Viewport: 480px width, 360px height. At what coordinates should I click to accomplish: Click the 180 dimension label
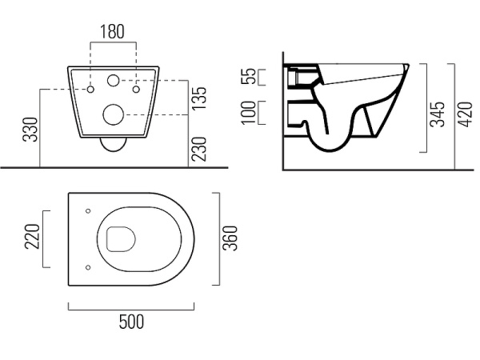pos(113,31)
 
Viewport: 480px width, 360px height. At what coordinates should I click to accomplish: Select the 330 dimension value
pos(30,129)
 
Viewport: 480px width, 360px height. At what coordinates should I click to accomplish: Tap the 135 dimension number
pos(199,98)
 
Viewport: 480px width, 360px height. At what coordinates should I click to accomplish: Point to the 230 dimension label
pos(199,149)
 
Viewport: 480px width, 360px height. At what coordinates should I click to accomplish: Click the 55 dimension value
pos(248,76)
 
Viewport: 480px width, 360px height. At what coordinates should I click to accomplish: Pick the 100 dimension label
pos(248,112)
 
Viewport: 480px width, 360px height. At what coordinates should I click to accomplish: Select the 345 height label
pos(437,114)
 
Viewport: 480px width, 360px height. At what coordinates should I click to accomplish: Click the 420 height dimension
pos(466,114)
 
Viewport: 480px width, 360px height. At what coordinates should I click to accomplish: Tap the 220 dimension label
pos(32,236)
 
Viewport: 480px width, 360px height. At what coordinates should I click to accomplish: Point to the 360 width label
pos(230,238)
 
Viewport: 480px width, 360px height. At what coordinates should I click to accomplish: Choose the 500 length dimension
pos(131,322)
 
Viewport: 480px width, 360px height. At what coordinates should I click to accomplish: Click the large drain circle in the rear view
pos(114,114)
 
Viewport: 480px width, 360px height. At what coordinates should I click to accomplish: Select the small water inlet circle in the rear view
pos(114,80)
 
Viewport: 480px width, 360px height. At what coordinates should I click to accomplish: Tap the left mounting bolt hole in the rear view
pos(90,89)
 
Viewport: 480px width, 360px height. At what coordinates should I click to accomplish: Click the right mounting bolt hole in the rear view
pos(136,89)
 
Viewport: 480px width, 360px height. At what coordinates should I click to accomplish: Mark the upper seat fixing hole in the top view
pos(88,211)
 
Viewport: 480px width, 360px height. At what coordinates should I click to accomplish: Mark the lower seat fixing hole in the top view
pos(88,267)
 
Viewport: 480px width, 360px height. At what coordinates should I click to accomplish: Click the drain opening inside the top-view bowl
pos(121,239)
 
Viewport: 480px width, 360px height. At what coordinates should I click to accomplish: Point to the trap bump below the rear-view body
pos(114,145)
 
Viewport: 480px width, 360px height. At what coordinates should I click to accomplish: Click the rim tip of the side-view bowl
pos(408,66)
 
